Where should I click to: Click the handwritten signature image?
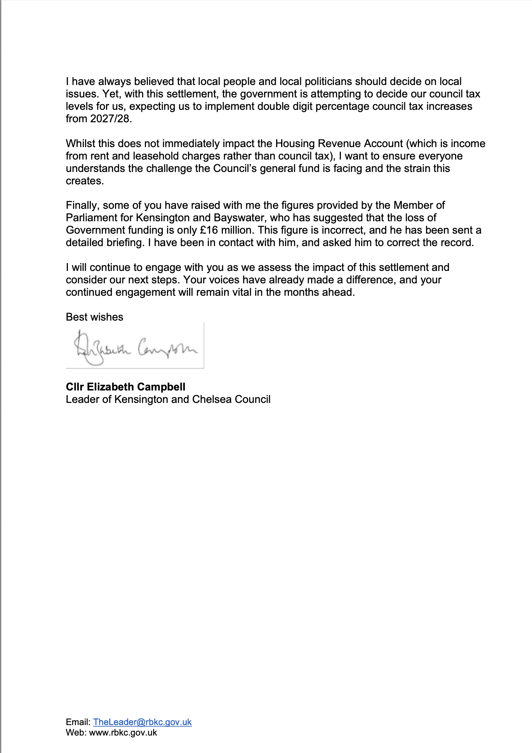[x=135, y=345]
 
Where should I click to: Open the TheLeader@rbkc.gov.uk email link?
[x=142, y=722]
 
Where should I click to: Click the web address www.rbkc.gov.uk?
[x=123, y=732]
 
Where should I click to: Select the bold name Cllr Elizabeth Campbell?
[x=125, y=387]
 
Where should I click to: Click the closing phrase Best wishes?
[x=94, y=317]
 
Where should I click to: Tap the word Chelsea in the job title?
[x=212, y=399]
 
